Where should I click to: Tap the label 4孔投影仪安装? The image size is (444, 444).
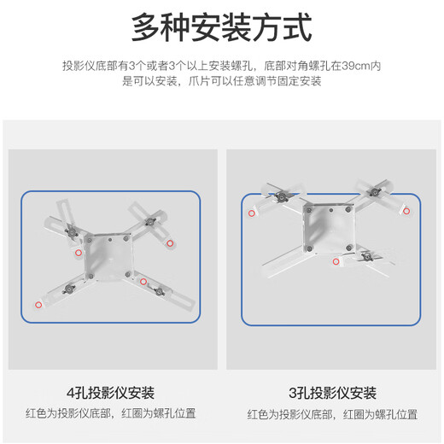click(110, 393)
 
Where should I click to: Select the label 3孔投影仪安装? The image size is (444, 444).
click(332, 393)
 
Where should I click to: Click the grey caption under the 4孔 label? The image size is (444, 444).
click(110, 413)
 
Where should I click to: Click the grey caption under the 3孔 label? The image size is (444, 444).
click(332, 413)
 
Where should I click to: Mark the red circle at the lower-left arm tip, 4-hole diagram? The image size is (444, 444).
click(38, 305)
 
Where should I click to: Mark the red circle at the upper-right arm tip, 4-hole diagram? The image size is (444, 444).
click(170, 243)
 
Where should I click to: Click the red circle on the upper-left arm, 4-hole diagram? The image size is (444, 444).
click(78, 254)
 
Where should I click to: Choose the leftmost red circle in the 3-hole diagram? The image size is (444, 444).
click(253, 213)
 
